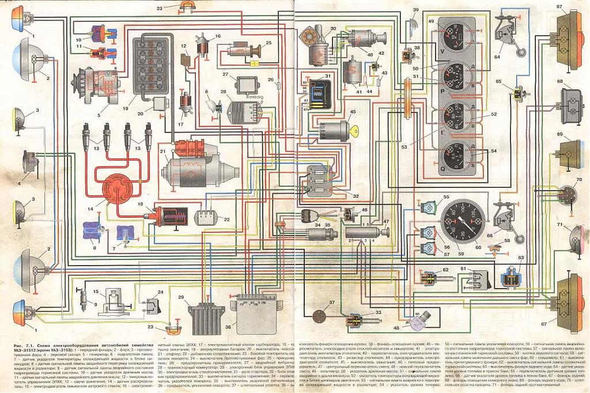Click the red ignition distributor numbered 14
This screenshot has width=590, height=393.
click(x=107, y=188)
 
